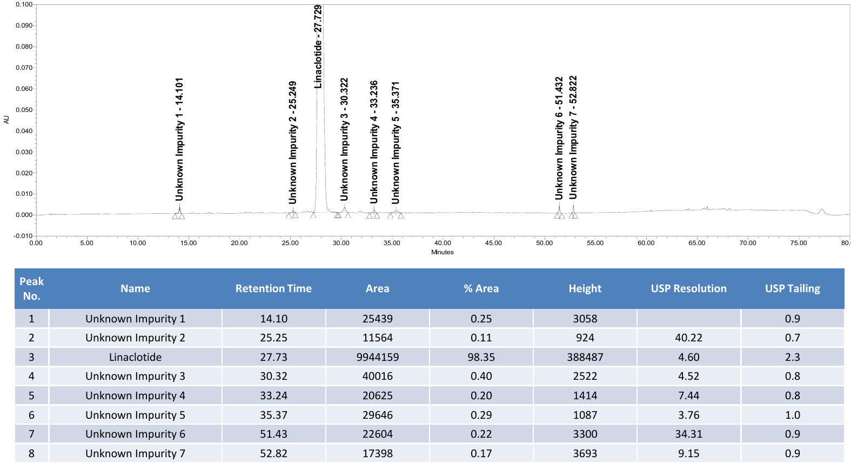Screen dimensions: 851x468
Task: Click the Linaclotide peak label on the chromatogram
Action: point(318,47)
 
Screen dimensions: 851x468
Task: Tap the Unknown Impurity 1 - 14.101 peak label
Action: point(179,139)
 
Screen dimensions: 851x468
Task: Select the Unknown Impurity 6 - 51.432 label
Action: point(559,138)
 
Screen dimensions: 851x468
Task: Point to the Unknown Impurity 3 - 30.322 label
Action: point(344,139)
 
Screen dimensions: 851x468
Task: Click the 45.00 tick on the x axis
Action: point(493,243)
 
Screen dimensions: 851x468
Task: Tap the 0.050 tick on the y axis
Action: point(24,110)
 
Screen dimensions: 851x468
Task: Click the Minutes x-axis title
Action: point(442,252)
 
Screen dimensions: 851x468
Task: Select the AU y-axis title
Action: point(6,120)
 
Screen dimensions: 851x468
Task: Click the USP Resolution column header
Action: point(688,288)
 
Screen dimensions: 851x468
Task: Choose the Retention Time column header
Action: point(273,288)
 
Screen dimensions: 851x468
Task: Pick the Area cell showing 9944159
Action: point(378,357)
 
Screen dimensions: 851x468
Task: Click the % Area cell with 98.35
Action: point(481,357)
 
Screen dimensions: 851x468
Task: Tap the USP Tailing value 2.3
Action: point(793,357)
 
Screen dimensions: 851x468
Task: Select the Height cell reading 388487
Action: point(585,357)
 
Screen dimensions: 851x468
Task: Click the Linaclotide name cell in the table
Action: point(135,357)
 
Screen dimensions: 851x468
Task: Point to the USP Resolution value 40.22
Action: point(688,338)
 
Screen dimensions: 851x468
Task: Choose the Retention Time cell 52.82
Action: point(273,453)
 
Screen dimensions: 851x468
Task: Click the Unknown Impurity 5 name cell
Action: point(135,415)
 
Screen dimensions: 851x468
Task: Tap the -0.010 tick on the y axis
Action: point(23,236)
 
